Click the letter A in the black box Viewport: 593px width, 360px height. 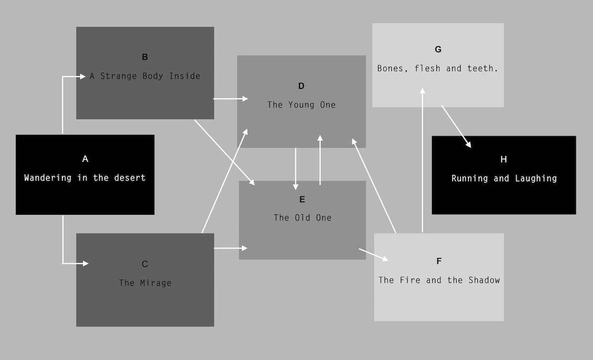[x=85, y=159]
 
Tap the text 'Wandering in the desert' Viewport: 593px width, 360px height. [x=85, y=178]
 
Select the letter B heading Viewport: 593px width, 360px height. [x=145, y=57]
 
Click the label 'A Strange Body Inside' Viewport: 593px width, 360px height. [x=145, y=76]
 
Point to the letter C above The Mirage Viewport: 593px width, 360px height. [x=145, y=264]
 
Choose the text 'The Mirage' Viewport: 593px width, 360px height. [x=145, y=283]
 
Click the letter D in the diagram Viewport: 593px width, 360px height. [x=301, y=86]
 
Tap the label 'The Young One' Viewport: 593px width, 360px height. [x=301, y=105]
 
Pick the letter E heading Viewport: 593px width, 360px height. [x=302, y=200]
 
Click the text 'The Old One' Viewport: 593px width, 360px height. [x=302, y=218]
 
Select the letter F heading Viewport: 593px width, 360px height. [x=439, y=261]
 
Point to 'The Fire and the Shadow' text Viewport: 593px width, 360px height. [x=439, y=280]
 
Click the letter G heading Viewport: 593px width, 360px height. [x=438, y=49]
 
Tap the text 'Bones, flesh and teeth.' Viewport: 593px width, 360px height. [x=438, y=69]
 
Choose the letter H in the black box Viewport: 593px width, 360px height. [x=504, y=159]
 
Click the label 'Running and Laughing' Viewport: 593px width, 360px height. [x=504, y=178]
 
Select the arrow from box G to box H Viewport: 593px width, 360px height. [x=456, y=126]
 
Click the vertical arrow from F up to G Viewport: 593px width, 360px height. [x=423, y=158]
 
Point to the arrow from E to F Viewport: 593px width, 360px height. [x=374, y=254]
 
